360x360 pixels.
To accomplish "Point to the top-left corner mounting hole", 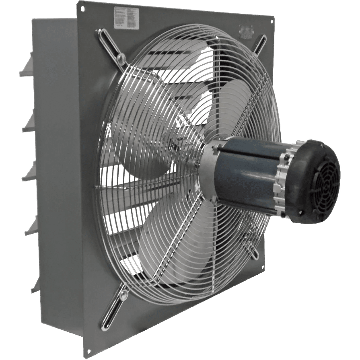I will coord(82,8).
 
